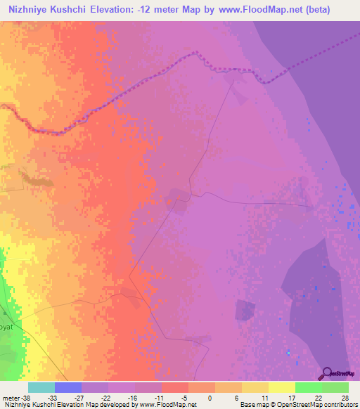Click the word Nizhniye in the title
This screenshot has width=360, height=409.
coord(31,9)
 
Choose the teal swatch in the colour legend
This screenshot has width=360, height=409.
coord(41,387)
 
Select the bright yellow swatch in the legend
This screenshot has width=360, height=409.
coord(281,387)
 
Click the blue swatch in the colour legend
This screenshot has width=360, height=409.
coord(68,387)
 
